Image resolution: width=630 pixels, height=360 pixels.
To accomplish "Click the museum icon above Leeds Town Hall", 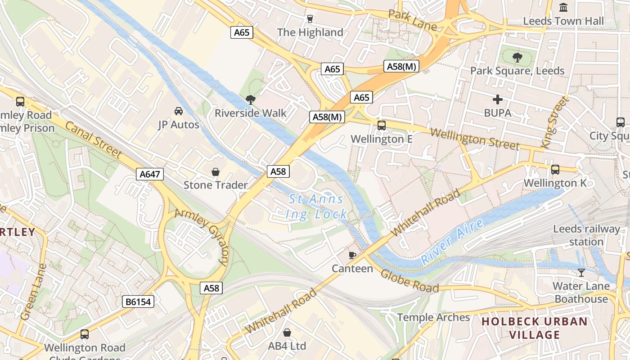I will tap(563, 7).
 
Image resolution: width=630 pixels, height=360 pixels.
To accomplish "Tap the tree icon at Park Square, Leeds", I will tap(517, 57).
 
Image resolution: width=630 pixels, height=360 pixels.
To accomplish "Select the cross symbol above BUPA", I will tap(498, 99).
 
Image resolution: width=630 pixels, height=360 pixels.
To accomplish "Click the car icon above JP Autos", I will tap(179, 111).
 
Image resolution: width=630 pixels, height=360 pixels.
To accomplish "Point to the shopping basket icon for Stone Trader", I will tap(216, 172).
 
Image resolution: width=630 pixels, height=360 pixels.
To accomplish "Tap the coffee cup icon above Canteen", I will tap(352, 256).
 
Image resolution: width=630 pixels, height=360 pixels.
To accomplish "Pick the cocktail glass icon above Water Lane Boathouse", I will tap(581, 272).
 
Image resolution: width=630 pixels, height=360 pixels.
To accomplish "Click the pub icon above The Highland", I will tap(310, 19).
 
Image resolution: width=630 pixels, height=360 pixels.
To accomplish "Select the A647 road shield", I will tap(150, 174).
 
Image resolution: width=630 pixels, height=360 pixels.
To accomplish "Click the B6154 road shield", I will tap(138, 301).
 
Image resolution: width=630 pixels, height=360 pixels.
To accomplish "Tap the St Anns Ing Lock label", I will tap(316, 207).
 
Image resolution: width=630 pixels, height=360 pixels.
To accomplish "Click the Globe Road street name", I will tap(409, 281).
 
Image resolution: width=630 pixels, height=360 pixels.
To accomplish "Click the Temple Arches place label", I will tap(433, 317).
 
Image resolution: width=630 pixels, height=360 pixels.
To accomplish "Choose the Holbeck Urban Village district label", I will tap(535, 328).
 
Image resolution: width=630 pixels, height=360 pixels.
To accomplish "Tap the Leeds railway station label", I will tap(586, 235).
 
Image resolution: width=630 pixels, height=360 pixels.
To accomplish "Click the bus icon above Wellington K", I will tap(555, 170).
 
